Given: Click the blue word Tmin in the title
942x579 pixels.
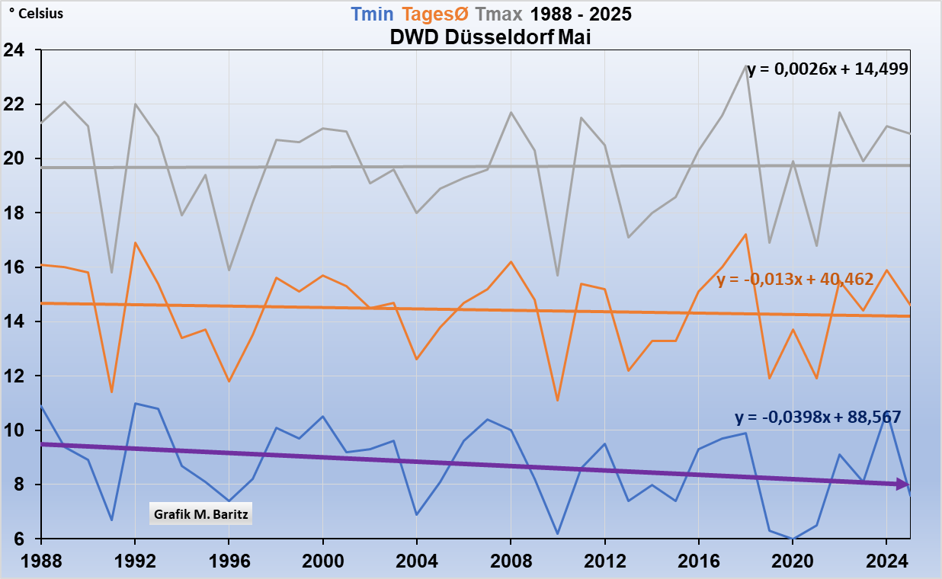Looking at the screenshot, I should click(372, 14).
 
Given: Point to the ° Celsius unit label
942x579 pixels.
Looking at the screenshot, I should click(36, 14).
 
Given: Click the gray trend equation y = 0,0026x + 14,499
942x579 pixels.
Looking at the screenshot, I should click(827, 69).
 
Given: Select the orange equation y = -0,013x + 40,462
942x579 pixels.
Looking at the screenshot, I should click(795, 280).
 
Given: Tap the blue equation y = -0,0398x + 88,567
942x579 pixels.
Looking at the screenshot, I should click(818, 417).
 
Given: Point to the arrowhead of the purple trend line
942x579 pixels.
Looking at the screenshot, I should click(904, 484).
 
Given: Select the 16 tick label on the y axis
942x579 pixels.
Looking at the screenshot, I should click(14, 268).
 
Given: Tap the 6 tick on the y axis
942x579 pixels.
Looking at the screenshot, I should click(18, 539).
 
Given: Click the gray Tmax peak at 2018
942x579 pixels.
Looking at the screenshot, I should click(746, 66).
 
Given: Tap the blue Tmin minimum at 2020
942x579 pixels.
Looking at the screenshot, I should click(793, 539).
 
